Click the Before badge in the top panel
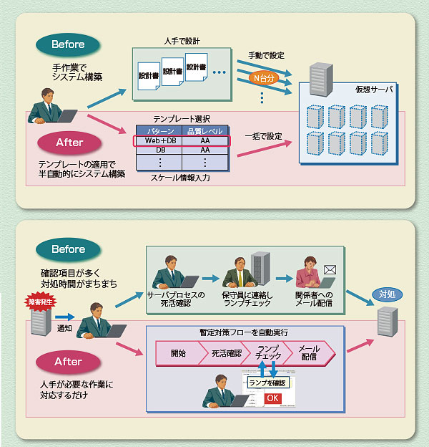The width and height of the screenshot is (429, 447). tap(68, 44)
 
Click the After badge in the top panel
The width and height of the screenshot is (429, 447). tap(69, 142)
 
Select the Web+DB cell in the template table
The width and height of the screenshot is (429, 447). tap(161, 140)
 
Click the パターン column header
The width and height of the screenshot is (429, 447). tap(161, 131)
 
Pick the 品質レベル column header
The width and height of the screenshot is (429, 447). tap(204, 131)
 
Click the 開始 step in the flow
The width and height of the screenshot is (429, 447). tap(178, 352)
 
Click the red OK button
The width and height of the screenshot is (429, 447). tap(273, 398)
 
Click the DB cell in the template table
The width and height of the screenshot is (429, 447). tap(161, 150)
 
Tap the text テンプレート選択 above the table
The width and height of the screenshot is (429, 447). tap(182, 119)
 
